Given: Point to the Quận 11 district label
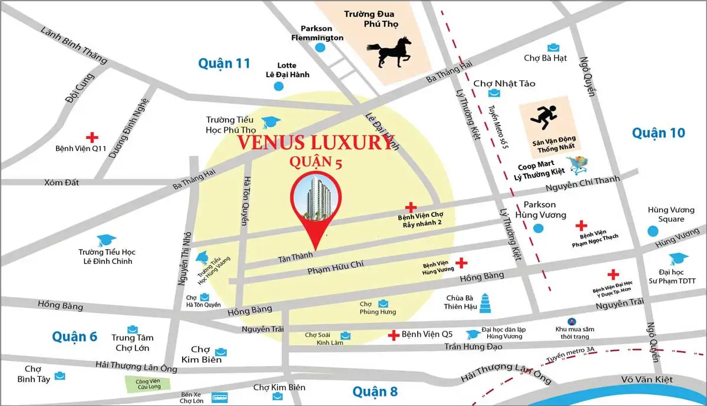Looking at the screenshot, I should point(224,63).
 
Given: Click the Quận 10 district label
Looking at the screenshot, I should point(659,133).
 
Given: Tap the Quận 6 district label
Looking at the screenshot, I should point(74,336).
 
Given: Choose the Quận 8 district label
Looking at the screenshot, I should point(375,391).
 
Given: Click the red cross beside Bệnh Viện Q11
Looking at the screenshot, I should point(91,136).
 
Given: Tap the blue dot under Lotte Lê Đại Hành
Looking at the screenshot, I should point(279,87).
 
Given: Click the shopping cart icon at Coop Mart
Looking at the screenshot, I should point(577,166).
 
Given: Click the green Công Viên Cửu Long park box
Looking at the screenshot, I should point(148,382).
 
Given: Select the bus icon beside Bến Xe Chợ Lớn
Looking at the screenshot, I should point(219,397).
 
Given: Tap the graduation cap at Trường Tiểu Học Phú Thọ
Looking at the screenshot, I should point(270,122).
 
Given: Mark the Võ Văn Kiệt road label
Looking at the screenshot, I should point(647,379).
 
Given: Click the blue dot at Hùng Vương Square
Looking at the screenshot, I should point(652,232).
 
